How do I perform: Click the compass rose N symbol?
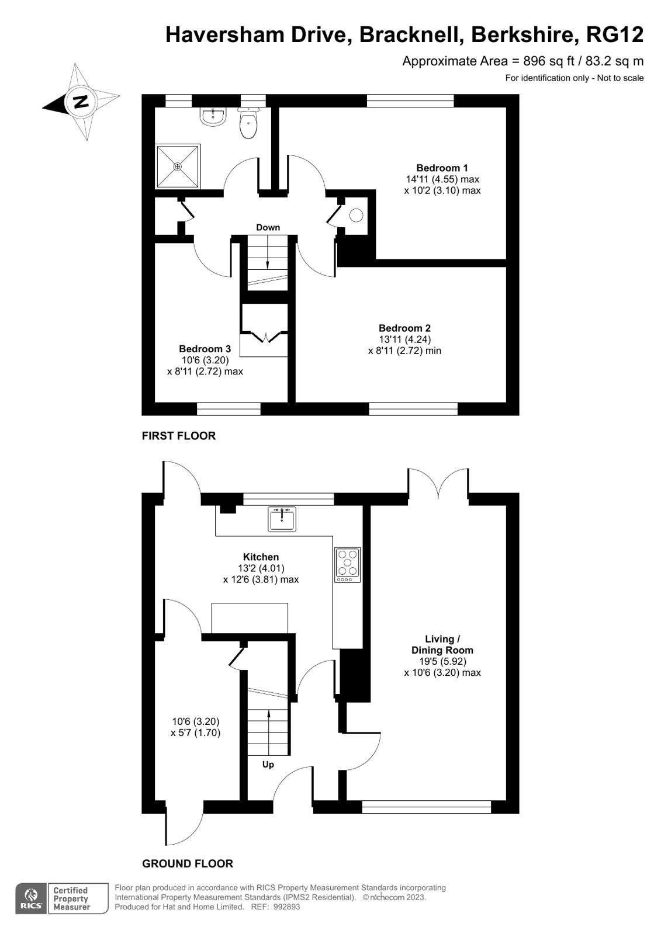[80, 102]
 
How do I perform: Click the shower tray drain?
[177, 166]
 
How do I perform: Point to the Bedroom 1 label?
[442, 168]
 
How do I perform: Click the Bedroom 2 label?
[404, 328]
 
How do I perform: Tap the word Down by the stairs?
[268, 227]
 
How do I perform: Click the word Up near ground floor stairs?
[268, 764]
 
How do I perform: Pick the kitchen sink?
[282, 519]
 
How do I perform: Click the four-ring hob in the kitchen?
[347, 564]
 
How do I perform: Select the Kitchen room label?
[261, 557]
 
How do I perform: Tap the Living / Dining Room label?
[442, 644]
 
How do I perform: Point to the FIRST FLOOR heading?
[179, 436]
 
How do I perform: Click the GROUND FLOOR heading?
[188, 863]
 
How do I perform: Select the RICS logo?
[30, 898]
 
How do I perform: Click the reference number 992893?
[286, 907]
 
